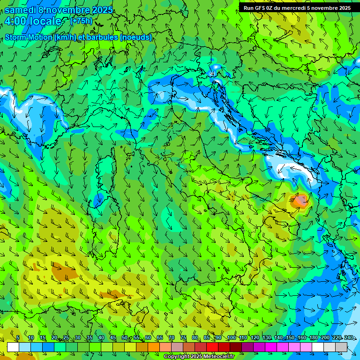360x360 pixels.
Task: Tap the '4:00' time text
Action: coord(15,21)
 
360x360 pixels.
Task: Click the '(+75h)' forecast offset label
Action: coord(81,21)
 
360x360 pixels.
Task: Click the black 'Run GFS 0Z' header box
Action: coord(297,8)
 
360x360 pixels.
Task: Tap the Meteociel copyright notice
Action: coord(199,357)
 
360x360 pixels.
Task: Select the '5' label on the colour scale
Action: coord(18,338)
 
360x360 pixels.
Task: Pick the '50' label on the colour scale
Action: coord(124,338)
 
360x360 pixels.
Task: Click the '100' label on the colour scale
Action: coord(231,338)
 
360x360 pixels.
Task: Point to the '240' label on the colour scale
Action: coord(349,338)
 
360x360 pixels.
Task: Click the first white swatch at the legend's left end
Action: coord(13,347)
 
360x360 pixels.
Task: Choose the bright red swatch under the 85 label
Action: coord(212,347)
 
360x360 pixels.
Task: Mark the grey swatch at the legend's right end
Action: coord(341,347)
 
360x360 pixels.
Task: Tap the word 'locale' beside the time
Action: coord(46,21)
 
